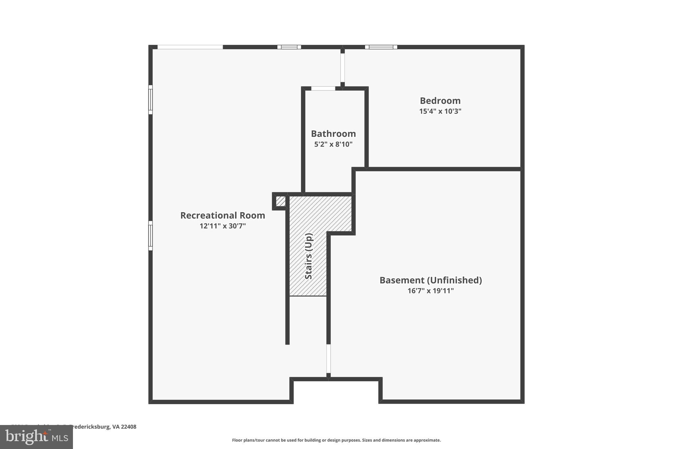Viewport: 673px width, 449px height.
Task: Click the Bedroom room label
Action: (440, 101)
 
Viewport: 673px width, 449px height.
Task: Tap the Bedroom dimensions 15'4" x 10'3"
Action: (440, 111)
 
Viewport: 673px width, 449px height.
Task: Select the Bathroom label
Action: (333, 134)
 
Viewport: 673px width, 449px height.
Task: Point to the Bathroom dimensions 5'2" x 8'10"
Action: (333, 144)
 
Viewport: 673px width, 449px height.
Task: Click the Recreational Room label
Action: (222, 215)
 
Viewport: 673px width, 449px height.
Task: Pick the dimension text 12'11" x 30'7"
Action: (222, 226)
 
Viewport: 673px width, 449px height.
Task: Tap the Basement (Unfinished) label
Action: (430, 280)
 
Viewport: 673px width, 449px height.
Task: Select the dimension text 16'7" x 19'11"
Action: (430, 291)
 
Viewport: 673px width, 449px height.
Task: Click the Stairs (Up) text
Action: (309, 256)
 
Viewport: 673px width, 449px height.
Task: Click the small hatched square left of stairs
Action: (280, 201)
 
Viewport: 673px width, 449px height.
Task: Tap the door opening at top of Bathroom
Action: (323, 88)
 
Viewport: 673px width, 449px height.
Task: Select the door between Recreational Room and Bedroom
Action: (342, 68)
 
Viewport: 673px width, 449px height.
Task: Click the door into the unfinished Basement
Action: (328, 359)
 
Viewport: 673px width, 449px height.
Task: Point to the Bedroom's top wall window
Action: (381, 47)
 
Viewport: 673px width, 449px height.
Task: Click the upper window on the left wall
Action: (151, 100)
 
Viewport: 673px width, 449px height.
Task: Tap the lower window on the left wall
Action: (151, 236)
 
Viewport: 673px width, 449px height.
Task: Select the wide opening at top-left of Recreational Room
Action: (190, 47)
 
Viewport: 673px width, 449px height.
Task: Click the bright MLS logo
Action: (36, 437)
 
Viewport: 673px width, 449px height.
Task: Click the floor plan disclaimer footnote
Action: (336, 440)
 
